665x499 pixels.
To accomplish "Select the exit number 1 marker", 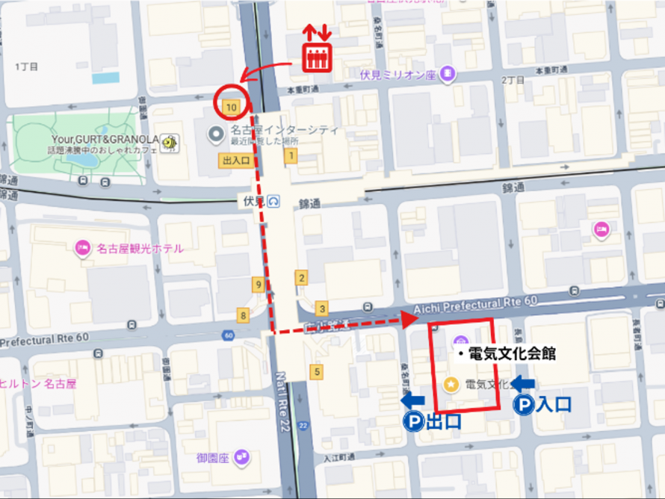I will pyautogui.click(x=290, y=155).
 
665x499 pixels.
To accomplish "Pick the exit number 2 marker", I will pyautogui.click(x=301, y=279).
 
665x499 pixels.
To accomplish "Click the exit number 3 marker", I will pyautogui.click(x=322, y=309).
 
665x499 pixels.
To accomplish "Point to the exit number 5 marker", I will pyautogui.click(x=318, y=371).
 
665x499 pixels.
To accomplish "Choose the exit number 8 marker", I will pyautogui.click(x=242, y=314).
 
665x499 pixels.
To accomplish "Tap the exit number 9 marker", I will pyautogui.click(x=258, y=284).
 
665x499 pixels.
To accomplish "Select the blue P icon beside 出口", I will pyautogui.click(x=412, y=422).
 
